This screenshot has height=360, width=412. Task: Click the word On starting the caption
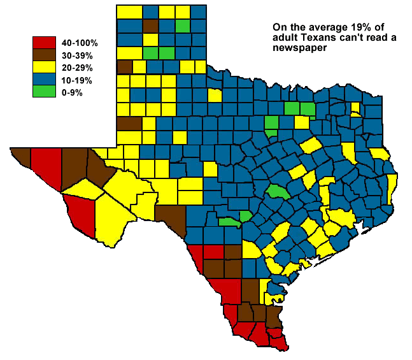tap(279, 28)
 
